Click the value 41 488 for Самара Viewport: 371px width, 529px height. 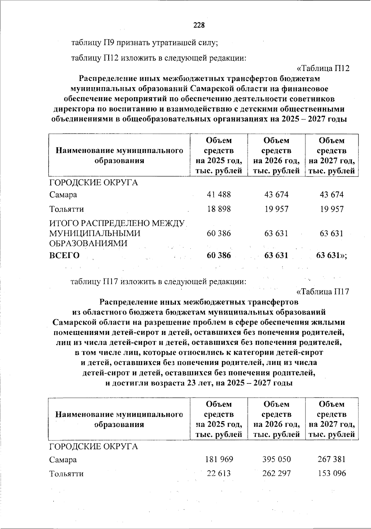tap(219, 195)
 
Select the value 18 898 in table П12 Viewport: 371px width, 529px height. tap(219, 209)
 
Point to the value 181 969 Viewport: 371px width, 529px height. tap(219, 459)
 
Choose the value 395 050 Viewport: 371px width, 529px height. tap(276, 459)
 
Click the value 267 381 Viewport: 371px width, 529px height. tap(331, 459)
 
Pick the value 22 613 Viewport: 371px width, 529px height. tap(219, 473)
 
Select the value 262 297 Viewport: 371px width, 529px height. tap(276, 473)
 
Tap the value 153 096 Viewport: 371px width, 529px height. tap(331, 473)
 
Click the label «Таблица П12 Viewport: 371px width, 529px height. tap(323, 68)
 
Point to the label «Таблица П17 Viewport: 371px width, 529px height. tap(323, 291)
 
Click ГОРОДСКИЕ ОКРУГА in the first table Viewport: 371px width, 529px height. tap(94, 183)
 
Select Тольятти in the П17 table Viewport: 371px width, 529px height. tap(66, 474)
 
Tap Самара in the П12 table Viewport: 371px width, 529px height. tap(63, 195)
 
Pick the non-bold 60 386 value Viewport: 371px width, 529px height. tap(219, 233)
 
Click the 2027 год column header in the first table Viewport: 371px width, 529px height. tap(331, 156)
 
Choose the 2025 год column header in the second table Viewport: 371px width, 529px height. tap(219, 419)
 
